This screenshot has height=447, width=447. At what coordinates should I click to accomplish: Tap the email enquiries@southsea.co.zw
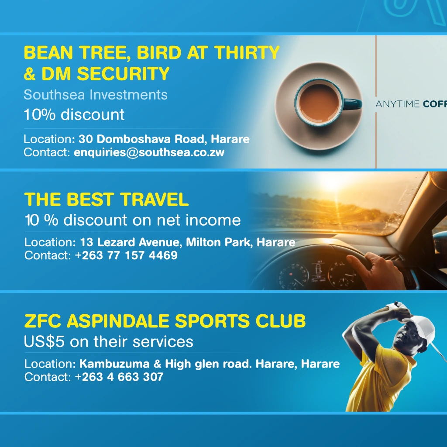click(149, 152)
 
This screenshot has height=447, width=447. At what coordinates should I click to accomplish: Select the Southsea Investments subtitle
click(96, 95)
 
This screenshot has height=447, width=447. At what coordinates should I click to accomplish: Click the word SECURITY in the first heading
click(123, 74)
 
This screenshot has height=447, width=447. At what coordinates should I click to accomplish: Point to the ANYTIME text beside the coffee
click(397, 104)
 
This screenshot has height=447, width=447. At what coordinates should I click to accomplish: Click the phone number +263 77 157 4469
click(126, 255)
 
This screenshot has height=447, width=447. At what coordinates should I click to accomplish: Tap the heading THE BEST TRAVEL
click(107, 199)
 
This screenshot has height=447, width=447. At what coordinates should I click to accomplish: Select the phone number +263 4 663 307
click(119, 377)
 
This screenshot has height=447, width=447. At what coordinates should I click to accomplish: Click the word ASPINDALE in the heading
click(118, 321)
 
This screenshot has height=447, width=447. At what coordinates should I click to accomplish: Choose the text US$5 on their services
click(109, 341)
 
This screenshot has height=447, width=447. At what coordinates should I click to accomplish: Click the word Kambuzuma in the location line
click(114, 364)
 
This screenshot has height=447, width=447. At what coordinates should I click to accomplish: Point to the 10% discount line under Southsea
click(74, 115)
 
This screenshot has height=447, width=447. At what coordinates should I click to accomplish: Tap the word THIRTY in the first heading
click(247, 53)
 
